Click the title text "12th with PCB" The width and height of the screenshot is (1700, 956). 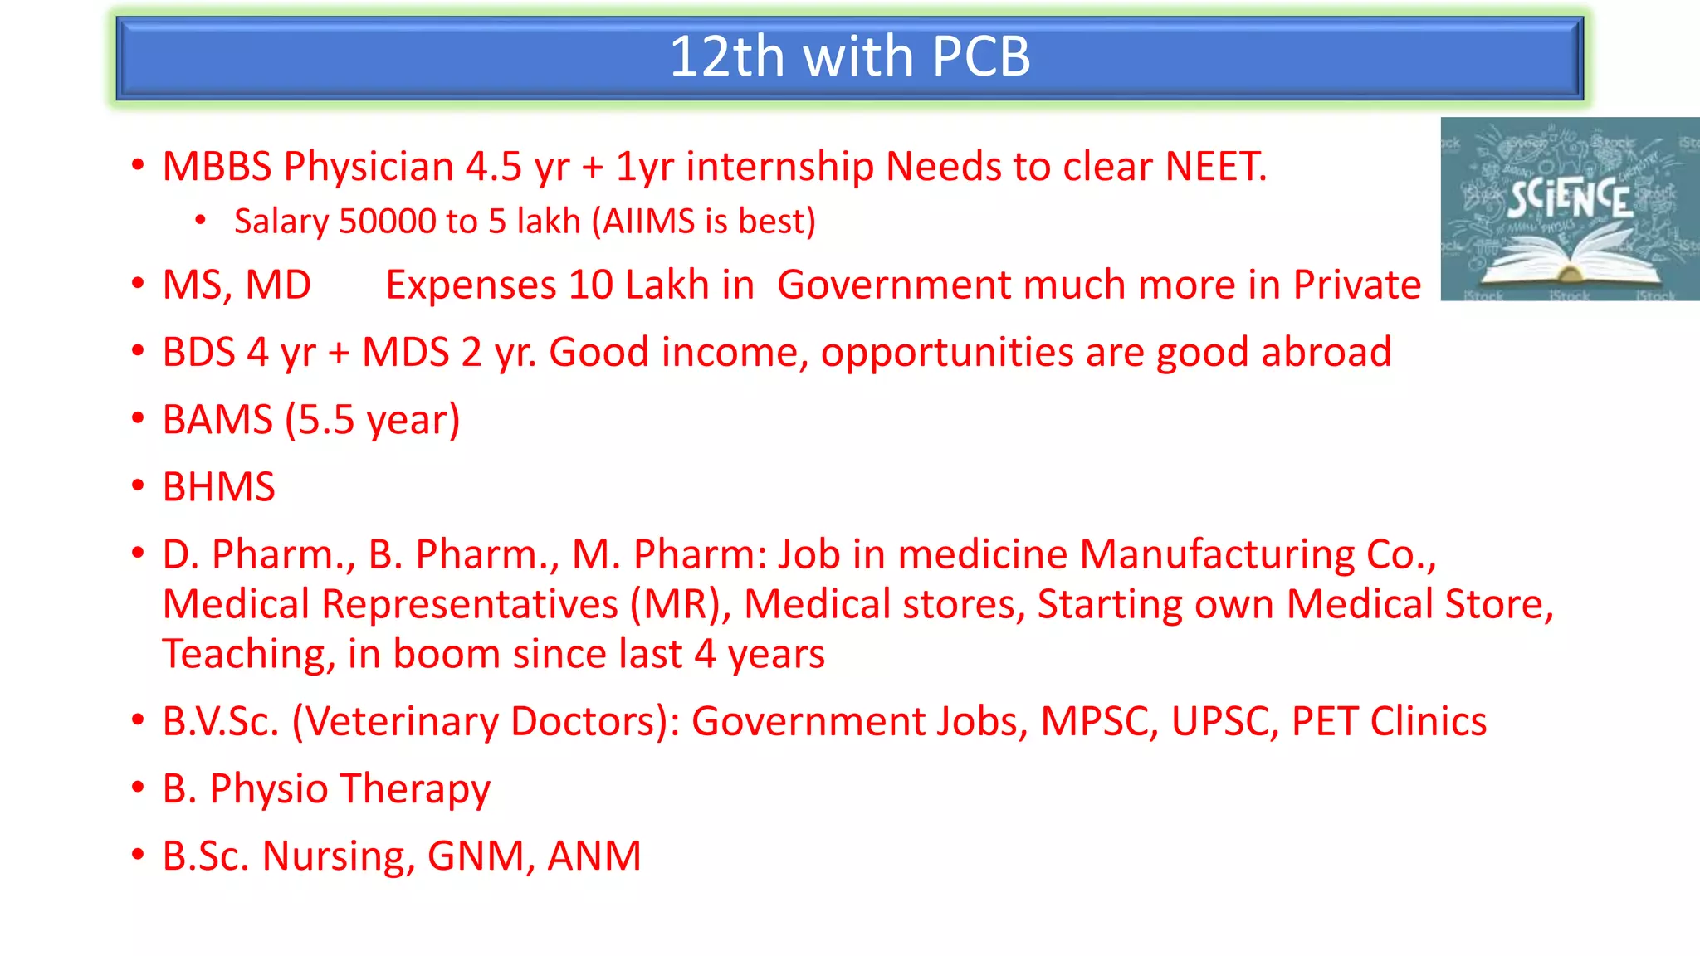tap(849, 56)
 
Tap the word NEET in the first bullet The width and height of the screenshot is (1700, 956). tap(1214, 166)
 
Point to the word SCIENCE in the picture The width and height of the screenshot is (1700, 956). tap(1569, 199)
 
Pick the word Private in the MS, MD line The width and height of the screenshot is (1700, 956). tap(1356, 285)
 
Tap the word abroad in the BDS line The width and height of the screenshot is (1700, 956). tap(1326, 352)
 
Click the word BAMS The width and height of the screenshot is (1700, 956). tap(217, 420)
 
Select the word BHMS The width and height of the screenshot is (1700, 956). tap(218, 487)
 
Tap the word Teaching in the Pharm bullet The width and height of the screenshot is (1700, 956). tap(247, 654)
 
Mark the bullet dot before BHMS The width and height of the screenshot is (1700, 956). tap(138, 486)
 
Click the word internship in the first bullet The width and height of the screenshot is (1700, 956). tap(779, 166)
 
